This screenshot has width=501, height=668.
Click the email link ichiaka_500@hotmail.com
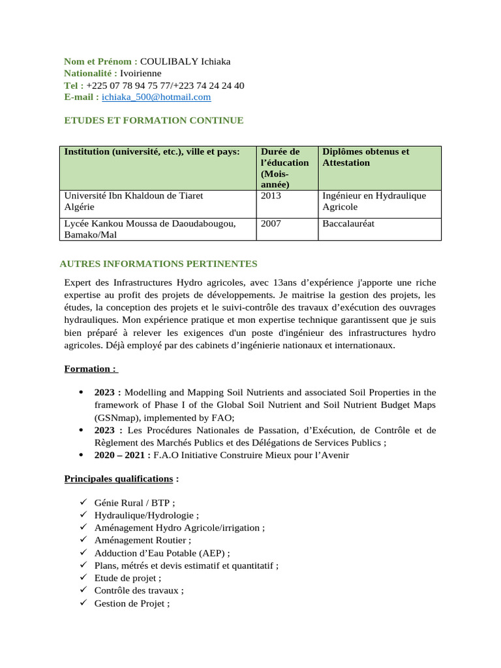point(157,97)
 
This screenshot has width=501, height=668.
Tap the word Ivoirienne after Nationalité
point(140,73)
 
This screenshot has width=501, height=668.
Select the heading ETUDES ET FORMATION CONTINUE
point(154,121)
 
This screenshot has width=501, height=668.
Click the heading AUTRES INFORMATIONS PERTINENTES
point(159,264)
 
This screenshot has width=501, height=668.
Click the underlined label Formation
point(90,369)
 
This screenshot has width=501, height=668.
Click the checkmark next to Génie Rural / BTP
point(83,502)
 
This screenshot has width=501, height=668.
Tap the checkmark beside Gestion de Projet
point(83,603)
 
